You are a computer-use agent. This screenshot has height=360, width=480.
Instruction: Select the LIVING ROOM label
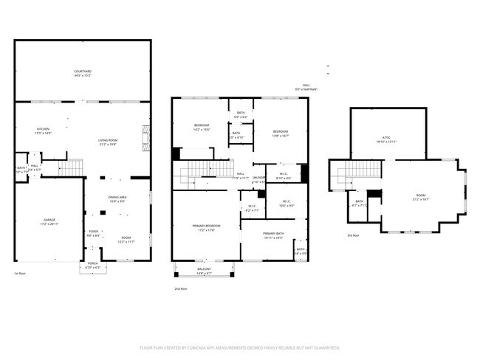(x=109, y=142)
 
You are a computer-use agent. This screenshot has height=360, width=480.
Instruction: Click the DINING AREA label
(x=118, y=198)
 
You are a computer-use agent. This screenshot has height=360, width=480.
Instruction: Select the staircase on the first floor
(x=70, y=169)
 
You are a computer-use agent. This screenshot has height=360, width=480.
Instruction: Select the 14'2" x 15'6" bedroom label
(x=202, y=127)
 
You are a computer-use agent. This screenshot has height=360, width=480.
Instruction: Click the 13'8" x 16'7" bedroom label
(x=281, y=132)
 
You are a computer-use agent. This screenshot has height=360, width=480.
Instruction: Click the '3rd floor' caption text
(x=354, y=235)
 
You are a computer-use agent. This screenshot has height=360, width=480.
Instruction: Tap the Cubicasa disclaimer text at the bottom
(x=239, y=347)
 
